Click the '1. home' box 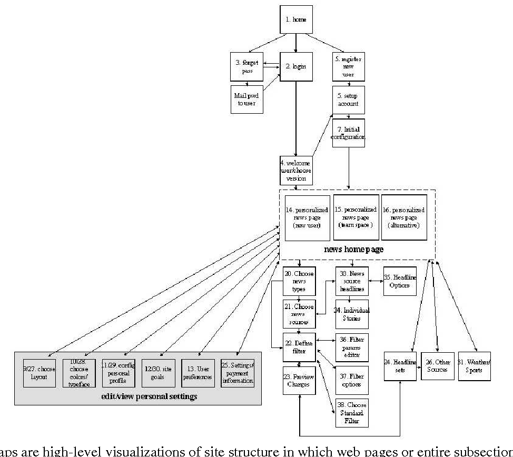[295, 19]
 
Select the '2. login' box [295, 67]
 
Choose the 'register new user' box [348, 67]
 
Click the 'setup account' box [348, 100]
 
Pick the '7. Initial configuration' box [348, 133]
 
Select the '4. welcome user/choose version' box [295, 170]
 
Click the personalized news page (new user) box [307, 217]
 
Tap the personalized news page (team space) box [356, 217]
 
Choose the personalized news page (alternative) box [404, 217]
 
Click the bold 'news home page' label [353, 250]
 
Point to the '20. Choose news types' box [299, 281]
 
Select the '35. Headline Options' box [400, 281]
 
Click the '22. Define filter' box [299, 347]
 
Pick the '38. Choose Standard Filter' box [351, 413]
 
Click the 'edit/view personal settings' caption [138, 396]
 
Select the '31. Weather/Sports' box [474, 366]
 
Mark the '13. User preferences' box [198, 373]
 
